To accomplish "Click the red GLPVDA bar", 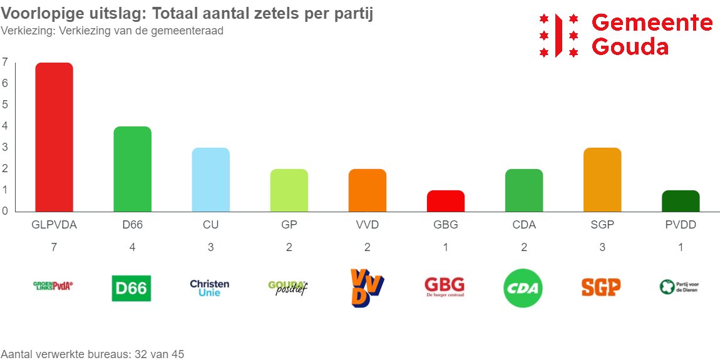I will [54, 137].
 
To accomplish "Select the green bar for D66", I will [132, 169].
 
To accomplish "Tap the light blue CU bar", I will [210, 180].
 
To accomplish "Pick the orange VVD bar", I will [367, 190].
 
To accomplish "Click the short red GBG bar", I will [445, 201].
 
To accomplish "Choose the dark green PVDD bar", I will [681, 201].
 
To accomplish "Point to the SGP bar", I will [602, 180].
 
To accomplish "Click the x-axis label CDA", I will [523, 225].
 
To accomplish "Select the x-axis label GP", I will [289, 225].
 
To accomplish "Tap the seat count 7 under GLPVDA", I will [54, 247].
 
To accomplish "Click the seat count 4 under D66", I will [132, 247].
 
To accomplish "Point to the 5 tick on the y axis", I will [5, 105].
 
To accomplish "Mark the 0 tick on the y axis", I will [5, 211].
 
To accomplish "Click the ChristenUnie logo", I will [210, 288].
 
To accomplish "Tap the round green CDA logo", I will [523, 289].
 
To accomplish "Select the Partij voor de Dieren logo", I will [679, 287].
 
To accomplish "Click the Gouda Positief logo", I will [287, 288].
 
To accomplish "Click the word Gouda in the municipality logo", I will [630, 47].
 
